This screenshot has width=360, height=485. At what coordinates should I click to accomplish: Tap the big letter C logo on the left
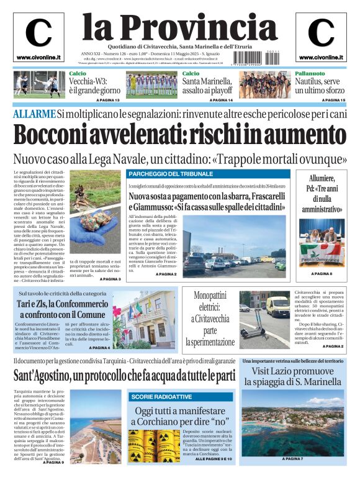coord(38,32)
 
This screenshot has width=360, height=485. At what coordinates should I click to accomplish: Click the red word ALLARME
coord(34,114)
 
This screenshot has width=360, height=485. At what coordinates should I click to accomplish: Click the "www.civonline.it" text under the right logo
coord(321,57)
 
